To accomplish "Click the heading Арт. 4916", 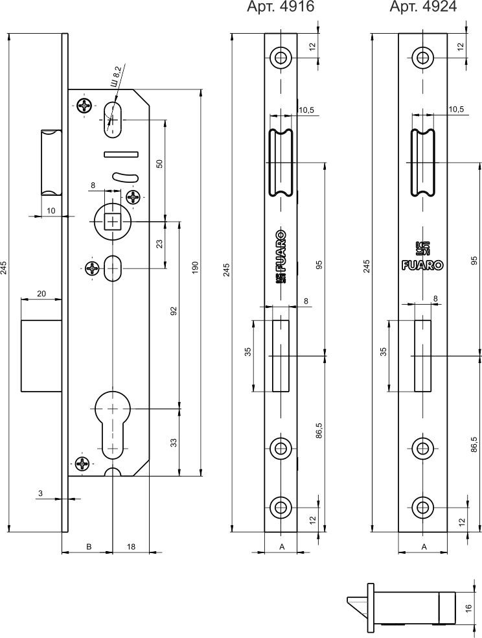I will tap(281, 8).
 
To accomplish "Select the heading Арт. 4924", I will tap(423, 8).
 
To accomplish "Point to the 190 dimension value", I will tap(195, 268).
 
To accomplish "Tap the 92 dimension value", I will tap(173, 311).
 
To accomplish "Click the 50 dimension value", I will tap(159, 163).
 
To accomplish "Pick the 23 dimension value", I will tap(159, 244).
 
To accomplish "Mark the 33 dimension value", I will tap(173, 442).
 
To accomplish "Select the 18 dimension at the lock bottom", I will tap(131, 547).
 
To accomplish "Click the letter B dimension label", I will tap(89, 547).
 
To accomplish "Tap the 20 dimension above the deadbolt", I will tap(41, 294).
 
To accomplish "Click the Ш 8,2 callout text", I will tap(117, 77).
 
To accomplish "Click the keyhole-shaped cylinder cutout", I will tap(114, 421).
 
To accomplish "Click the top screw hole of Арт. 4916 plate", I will tap(281, 57).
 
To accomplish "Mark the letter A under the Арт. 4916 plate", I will tap(282, 547).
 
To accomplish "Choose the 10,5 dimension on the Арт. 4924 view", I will tap(456, 110).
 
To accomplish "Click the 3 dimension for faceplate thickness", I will tap(40, 494).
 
